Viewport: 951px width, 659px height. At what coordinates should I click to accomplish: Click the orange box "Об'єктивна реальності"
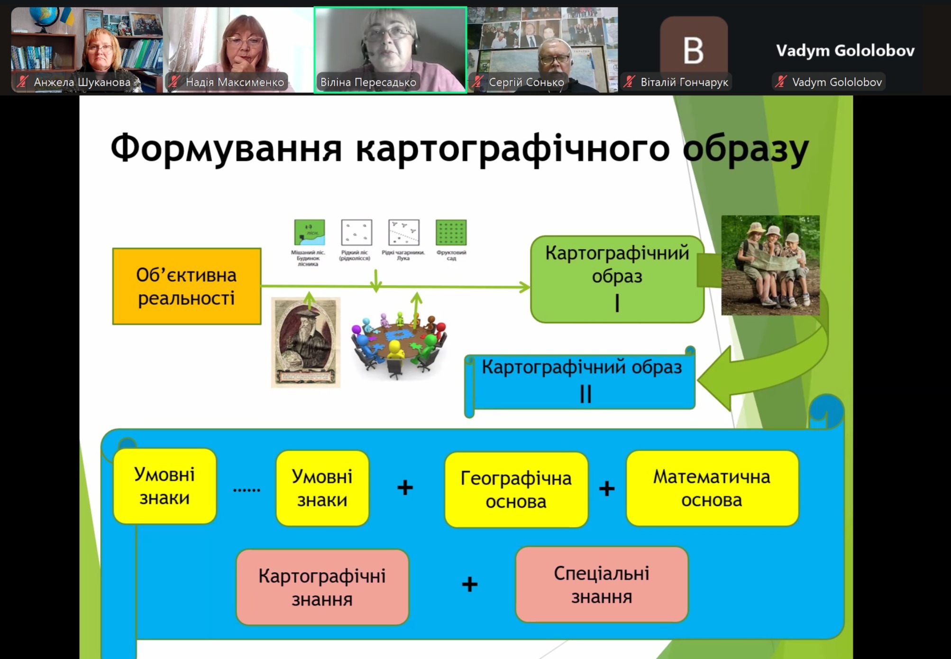(186, 286)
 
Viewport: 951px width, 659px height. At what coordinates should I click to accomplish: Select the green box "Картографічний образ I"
(617, 279)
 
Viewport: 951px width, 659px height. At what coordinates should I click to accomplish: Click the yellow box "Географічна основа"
(516, 490)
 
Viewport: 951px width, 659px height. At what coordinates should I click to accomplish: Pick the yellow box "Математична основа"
(712, 488)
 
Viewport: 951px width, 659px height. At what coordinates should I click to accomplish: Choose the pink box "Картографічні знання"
(322, 587)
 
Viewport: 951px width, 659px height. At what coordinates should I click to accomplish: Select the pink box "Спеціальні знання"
(601, 585)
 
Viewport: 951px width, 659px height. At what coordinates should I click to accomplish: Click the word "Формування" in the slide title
(226, 149)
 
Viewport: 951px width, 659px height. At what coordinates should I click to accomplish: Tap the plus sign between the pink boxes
(469, 584)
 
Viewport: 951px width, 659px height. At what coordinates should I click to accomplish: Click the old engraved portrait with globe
(306, 342)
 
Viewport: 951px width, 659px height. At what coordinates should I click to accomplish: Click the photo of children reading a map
(770, 265)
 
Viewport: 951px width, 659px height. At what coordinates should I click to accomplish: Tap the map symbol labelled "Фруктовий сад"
(451, 232)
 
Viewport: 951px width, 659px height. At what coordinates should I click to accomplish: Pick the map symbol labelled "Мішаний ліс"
(309, 232)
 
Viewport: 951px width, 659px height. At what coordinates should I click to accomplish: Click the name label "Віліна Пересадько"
(368, 82)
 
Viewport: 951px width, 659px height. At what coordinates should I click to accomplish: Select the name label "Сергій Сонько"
(526, 82)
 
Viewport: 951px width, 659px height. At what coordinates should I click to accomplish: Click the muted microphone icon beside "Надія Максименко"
(174, 82)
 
